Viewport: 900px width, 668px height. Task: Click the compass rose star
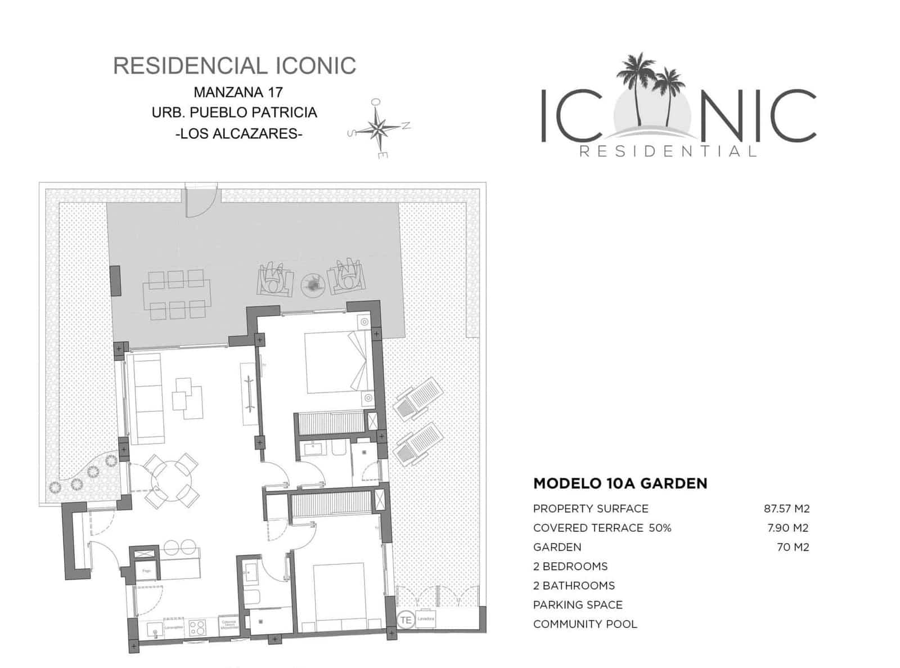coord(378,129)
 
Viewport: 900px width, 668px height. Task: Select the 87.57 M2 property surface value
coord(786,509)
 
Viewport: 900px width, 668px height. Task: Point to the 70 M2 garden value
coord(793,547)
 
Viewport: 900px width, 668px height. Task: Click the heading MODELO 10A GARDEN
coord(620,483)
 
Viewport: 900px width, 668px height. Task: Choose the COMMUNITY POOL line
coord(585,624)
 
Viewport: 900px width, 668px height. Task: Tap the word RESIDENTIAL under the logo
coord(668,151)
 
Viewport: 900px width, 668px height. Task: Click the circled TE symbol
coord(406,620)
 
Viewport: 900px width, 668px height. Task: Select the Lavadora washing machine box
coord(426,618)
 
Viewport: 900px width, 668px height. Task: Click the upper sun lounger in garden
coord(417,398)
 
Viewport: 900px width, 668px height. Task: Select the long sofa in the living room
coord(145,394)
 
